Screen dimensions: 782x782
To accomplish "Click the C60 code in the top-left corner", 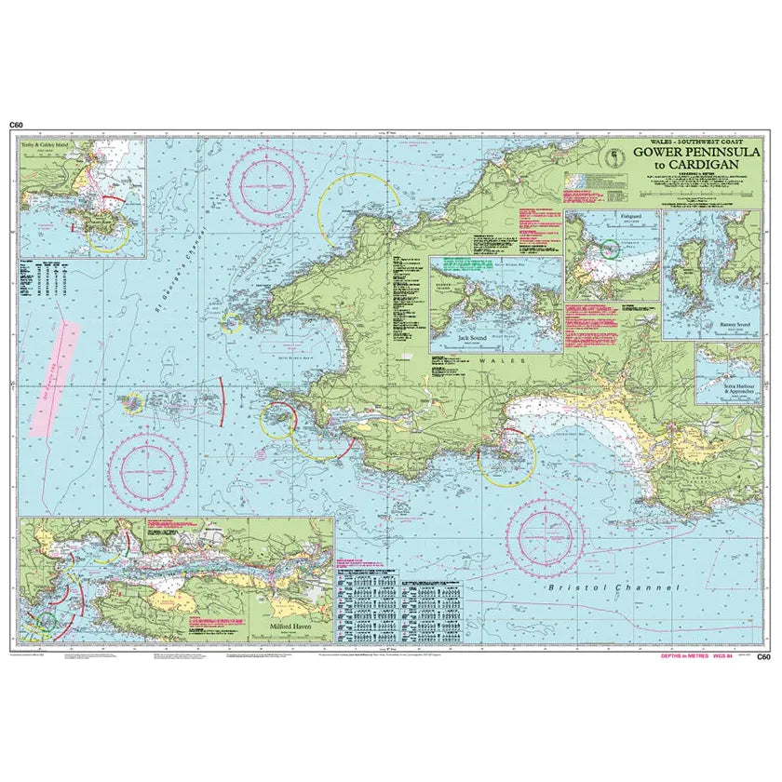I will tap(15, 125).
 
